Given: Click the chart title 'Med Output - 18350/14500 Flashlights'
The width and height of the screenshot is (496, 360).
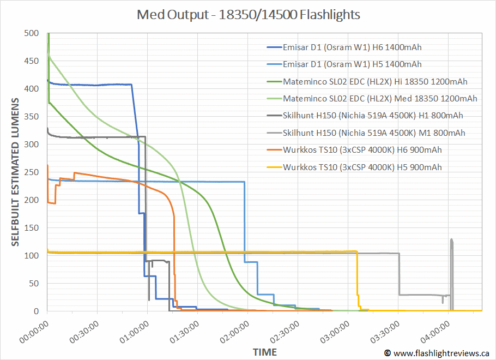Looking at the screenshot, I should click(248, 15).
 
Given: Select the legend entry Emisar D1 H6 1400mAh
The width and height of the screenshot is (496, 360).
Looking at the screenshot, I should click(352, 47).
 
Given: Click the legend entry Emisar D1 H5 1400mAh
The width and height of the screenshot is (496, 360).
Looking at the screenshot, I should click(352, 64).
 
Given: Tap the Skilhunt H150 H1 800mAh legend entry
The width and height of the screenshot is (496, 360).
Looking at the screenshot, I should click(373, 116).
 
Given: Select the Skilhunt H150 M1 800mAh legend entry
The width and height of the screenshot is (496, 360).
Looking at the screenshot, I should click(374, 133).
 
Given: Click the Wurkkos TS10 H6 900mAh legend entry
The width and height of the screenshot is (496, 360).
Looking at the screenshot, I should click(362, 150).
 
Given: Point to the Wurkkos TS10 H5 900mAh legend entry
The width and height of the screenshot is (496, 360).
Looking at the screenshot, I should click(362, 167).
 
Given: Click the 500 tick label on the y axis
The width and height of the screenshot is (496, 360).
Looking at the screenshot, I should click(32, 33).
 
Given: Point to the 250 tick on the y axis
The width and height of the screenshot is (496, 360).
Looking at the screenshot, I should click(32, 172).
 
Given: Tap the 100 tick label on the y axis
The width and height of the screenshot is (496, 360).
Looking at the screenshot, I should click(32, 256).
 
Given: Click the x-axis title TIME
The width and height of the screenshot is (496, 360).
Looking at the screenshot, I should click(264, 352).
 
